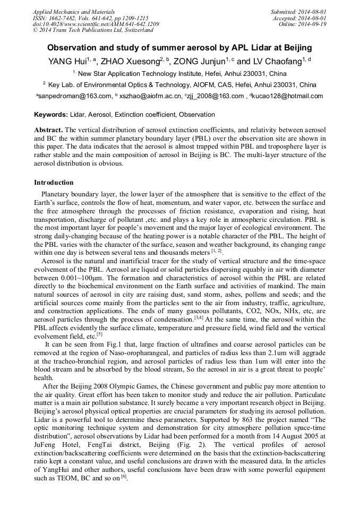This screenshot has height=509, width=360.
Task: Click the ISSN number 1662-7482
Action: click(x=65, y=18)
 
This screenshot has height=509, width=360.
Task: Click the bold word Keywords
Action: click(x=51, y=115)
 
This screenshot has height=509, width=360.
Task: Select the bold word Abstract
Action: click(x=48, y=130)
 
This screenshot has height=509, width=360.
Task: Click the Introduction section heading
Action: click(x=54, y=183)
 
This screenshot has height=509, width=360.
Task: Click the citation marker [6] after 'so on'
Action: click(x=123, y=478)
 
